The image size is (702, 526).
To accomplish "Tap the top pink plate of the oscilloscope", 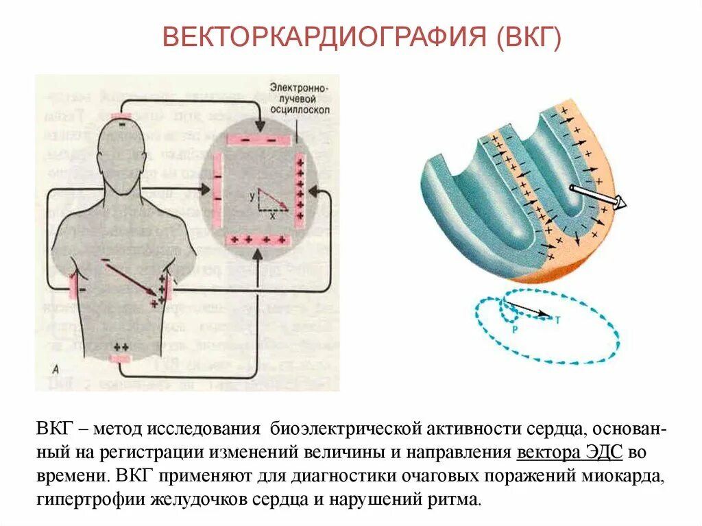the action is [260, 139].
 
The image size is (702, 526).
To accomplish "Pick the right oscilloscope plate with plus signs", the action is [299, 191].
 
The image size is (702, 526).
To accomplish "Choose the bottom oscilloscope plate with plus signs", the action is [259, 240].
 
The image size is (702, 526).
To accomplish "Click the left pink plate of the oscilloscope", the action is [217, 190].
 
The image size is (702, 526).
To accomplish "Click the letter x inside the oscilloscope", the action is [272, 215].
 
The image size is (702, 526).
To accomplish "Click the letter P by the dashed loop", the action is [515, 328].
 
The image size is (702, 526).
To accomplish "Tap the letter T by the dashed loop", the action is [557, 318].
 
